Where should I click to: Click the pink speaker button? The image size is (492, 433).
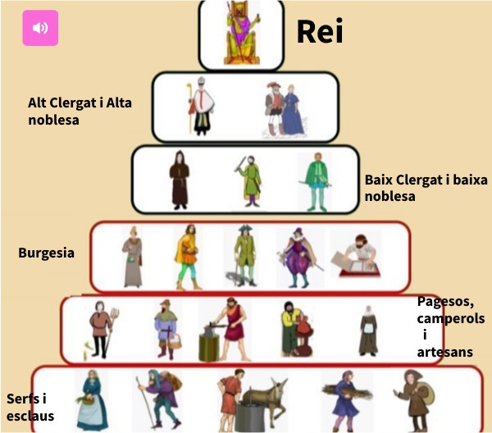(40, 28)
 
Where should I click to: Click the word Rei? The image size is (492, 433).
(319, 33)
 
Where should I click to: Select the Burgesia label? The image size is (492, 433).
(46, 253)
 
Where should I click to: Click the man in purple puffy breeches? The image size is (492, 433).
(294, 258)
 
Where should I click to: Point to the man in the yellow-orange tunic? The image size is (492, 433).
(186, 256)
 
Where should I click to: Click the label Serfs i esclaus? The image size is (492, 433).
(30, 407)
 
